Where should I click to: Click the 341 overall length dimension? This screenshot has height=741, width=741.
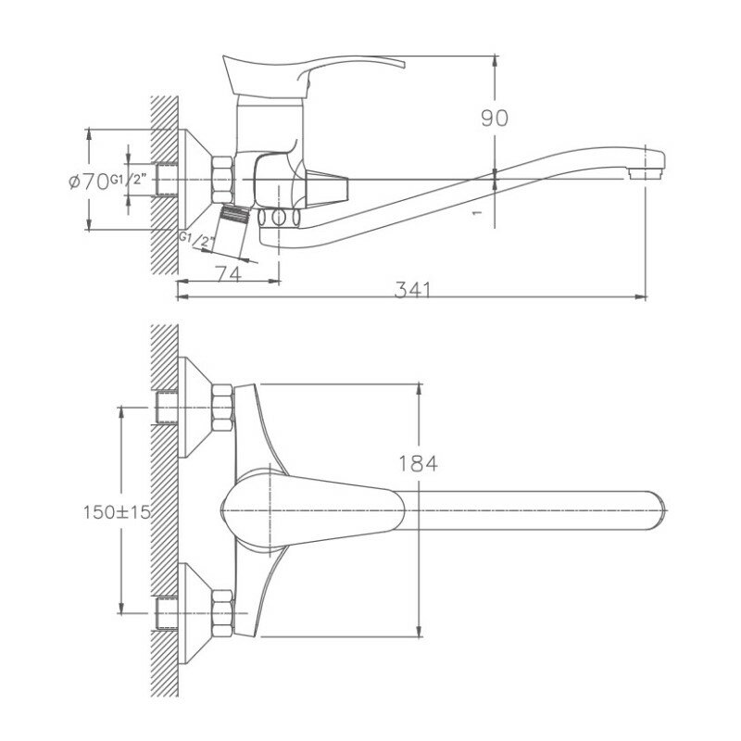click(413, 290)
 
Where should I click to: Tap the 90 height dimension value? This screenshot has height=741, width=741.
click(495, 118)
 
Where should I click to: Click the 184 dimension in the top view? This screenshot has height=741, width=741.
click(419, 462)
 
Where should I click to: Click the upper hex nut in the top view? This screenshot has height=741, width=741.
click(224, 407)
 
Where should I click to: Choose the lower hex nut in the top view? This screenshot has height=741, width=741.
click(224, 612)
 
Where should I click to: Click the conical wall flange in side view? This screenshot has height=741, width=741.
click(195, 177)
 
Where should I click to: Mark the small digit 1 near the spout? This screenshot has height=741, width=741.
click(476, 212)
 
